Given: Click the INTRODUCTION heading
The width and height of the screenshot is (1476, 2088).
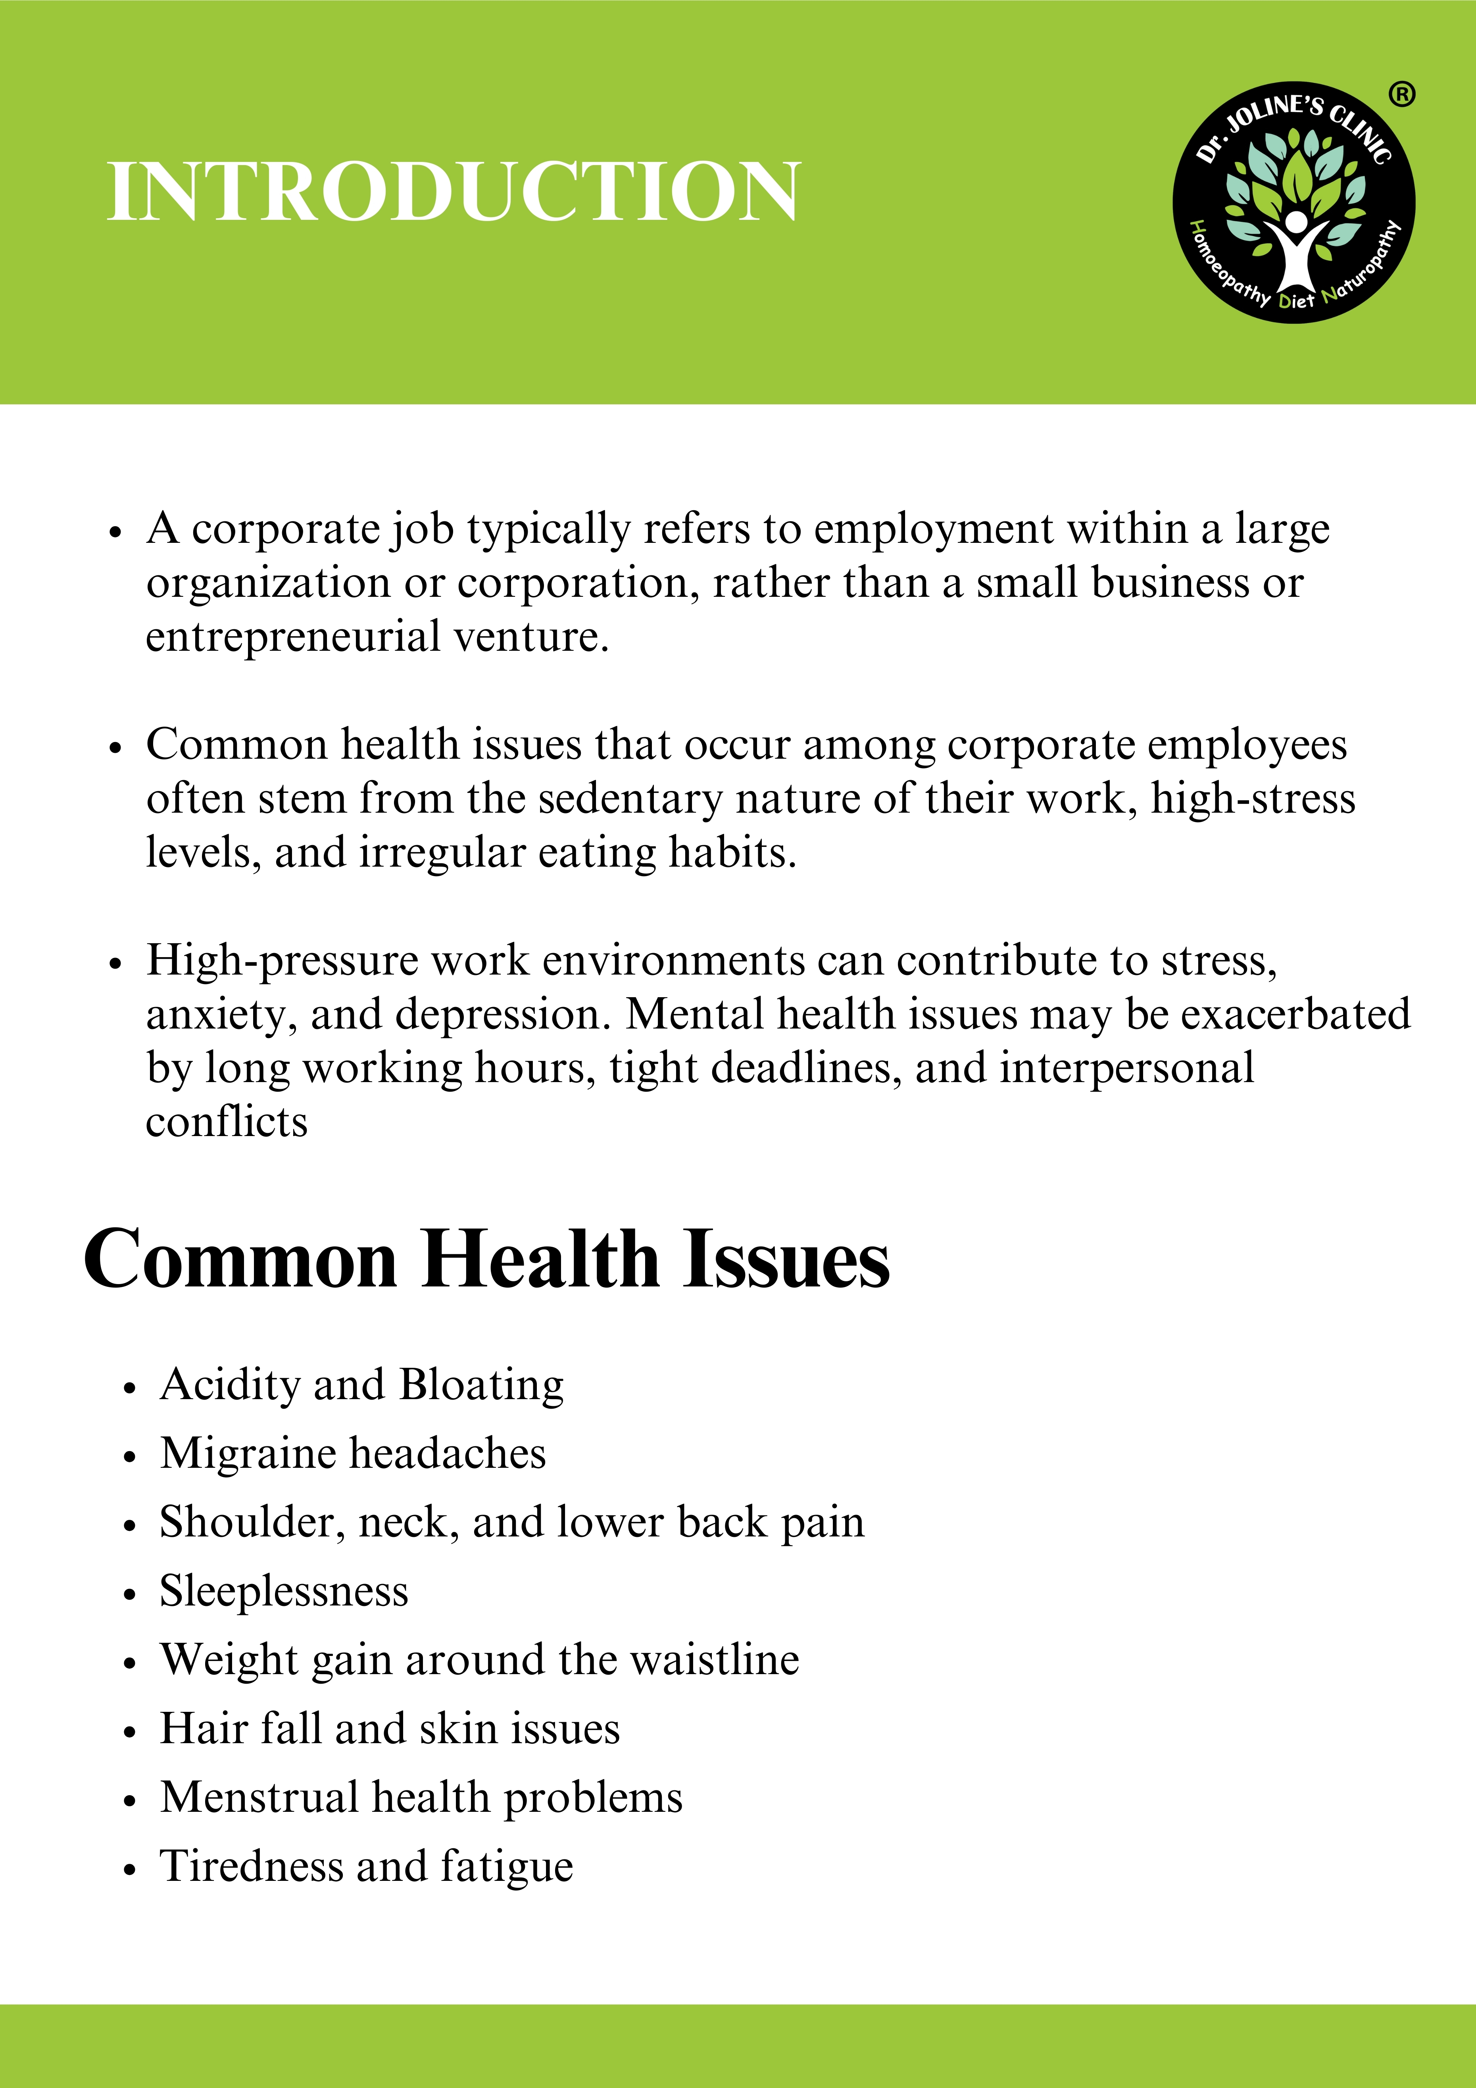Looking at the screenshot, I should point(453,192).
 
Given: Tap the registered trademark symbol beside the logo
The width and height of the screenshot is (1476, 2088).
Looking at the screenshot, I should point(1401,94).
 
